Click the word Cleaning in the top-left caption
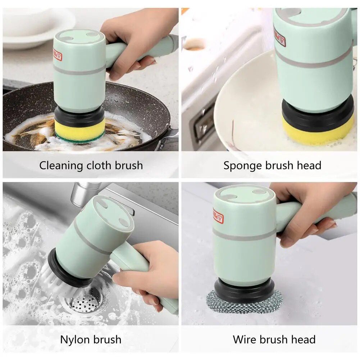(x=61, y=166)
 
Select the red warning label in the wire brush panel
(x=218, y=216)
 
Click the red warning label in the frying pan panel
(x=58, y=55)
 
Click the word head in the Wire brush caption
(x=302, y=340)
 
